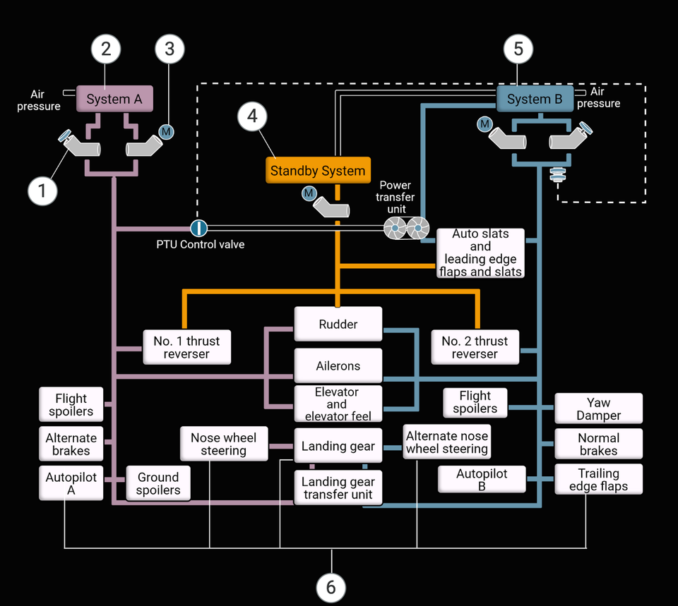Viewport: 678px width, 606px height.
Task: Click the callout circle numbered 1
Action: click(x=42, y=190)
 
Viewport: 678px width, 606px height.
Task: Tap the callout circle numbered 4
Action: click(x=253, y=116)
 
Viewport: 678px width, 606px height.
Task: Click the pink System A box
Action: click(x=114, y=99)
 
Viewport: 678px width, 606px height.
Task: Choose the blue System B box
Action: click(x=535, y=99)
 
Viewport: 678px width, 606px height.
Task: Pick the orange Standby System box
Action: click(x=318, y=171)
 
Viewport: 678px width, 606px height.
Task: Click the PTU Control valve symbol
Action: click(x=199, y=228)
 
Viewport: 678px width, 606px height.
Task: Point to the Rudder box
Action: click(x=338, y=325)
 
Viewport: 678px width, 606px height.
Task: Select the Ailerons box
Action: click(x=338, y=366)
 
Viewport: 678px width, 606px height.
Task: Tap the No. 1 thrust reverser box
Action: click(x=186, y=347)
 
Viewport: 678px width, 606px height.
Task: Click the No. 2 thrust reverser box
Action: click(x=475, y=347)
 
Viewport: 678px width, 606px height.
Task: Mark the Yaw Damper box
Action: click(x=598, y=409)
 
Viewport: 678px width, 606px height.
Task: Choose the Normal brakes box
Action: click(x=598, y=444)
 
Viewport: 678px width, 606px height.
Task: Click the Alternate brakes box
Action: click(x=71, y=444)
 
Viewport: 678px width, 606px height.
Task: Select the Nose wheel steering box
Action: click(x=223, y=444)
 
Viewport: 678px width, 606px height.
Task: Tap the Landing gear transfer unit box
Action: click(x=338, y=488)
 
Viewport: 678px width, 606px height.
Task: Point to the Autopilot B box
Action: click(x=482, y=480)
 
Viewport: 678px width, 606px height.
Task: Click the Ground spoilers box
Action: click(x=158, y=484)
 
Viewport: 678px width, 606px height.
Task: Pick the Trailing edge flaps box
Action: click(x=598, y=480)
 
